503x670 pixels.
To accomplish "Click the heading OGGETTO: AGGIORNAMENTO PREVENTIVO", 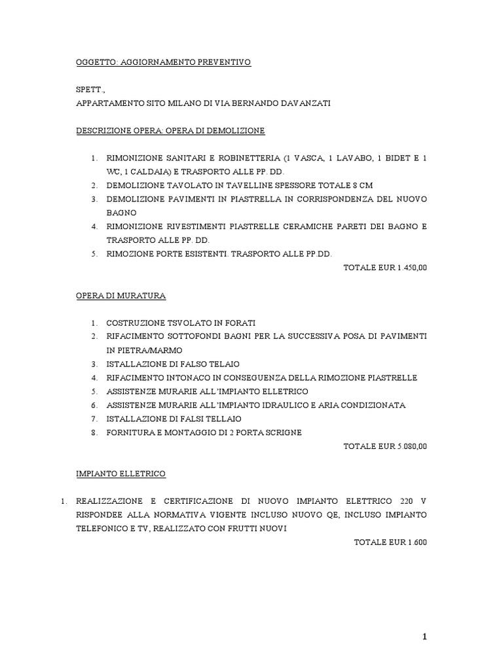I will pos(163,62).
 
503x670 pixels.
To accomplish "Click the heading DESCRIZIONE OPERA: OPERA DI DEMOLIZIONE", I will pos(170,131).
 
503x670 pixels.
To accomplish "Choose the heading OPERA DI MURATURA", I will pos(121,296).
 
